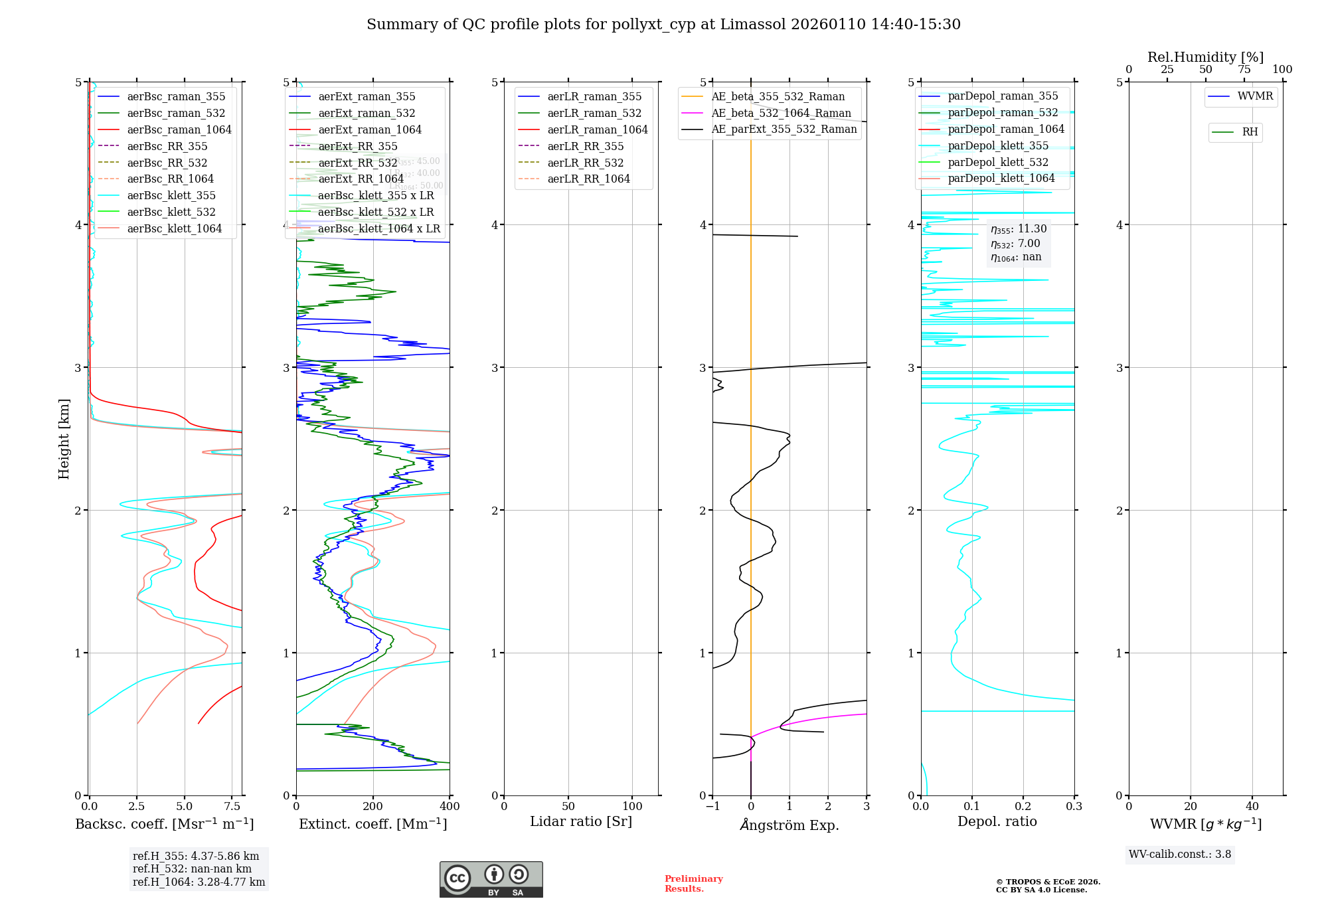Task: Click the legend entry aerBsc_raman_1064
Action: click(179, 129)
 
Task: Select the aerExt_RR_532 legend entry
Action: click(357, 163)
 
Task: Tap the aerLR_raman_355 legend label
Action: click(594, 96)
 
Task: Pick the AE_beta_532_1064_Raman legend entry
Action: click(781, 113)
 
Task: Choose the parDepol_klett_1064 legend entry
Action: click(1001, 178)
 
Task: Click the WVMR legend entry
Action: click(1254, 96)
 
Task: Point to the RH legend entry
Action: click(1249, 132)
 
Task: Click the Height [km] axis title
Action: click(64, 439)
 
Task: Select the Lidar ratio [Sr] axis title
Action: click(581, 821)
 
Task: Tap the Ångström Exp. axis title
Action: click(789, 825)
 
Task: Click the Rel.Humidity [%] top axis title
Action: click(1205, 57)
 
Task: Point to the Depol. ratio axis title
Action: click(997, 821)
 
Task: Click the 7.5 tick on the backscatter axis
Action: click(232, 806)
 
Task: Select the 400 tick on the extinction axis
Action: click(450, 806)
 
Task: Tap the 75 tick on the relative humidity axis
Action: click(1244, 70)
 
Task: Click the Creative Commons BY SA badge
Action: click(491, 879)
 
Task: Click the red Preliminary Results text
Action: click(693, 883)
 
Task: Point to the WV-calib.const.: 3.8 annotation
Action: click(1179, 854)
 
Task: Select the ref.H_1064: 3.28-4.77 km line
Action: click(199, 882)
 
